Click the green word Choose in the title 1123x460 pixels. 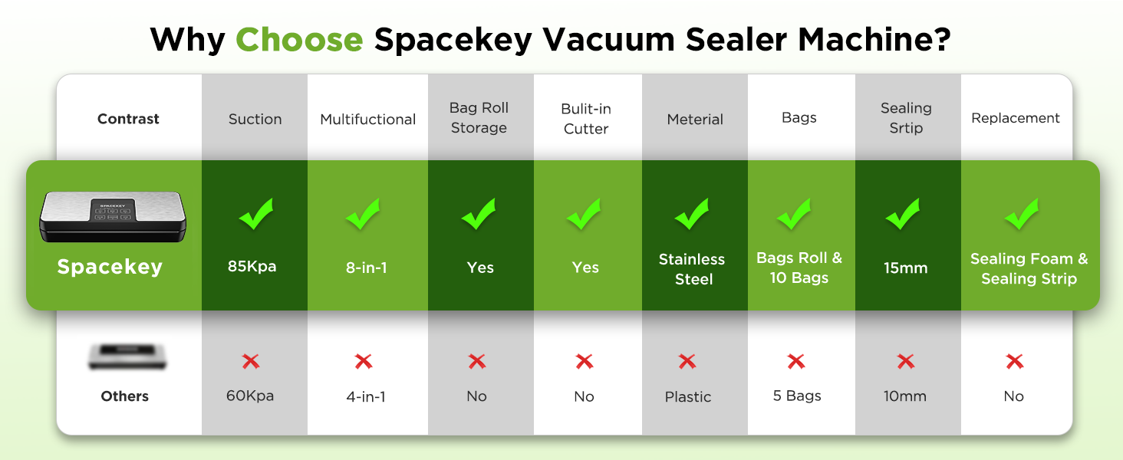[299, 40]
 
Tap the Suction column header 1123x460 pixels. [255, 120]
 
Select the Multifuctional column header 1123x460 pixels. [368, 120]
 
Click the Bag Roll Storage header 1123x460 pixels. [479, 118]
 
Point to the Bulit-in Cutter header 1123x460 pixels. [585, 119]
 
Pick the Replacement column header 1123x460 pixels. [1015, 118]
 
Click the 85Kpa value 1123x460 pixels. [252, 266]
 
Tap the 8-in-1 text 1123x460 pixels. [367, 268]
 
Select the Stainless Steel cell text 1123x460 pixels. [692, 269]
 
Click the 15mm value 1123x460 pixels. [905, 268]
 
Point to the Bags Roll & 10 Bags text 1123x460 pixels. [799, 268]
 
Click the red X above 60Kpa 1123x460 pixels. [251, 361]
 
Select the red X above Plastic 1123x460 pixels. [687, 361]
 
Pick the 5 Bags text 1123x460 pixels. [797, 396]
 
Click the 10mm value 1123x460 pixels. [905, 396]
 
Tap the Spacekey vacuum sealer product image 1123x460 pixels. [113, 216]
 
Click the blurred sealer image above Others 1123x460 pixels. [127, 356]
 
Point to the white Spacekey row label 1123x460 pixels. [110, 267]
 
